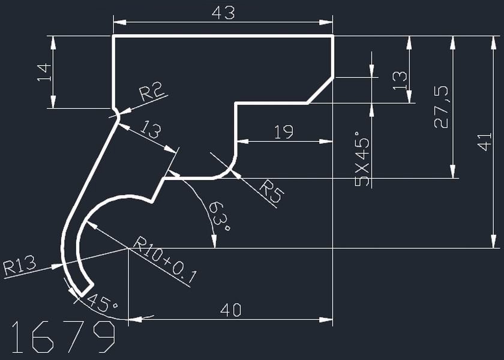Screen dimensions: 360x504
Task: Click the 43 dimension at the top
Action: pyautogui.click(x=223, y=13)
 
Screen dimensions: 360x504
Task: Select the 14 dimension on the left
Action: pyautogui.click(x=43, y=72)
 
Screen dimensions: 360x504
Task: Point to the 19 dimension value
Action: pyautogui.click(x=283, y=132)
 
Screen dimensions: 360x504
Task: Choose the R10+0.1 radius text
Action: pyautogui.click(x=166, y=261)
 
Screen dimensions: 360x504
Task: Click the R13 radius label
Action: pyautogui.click(x=20, y=265)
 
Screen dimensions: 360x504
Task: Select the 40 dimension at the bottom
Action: pyautogui.click(x=231, y=310)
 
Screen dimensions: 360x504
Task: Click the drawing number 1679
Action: pyautogui.click(x=63, y=337)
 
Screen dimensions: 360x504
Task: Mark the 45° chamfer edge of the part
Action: pyautogui.click(x=321, y=90)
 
